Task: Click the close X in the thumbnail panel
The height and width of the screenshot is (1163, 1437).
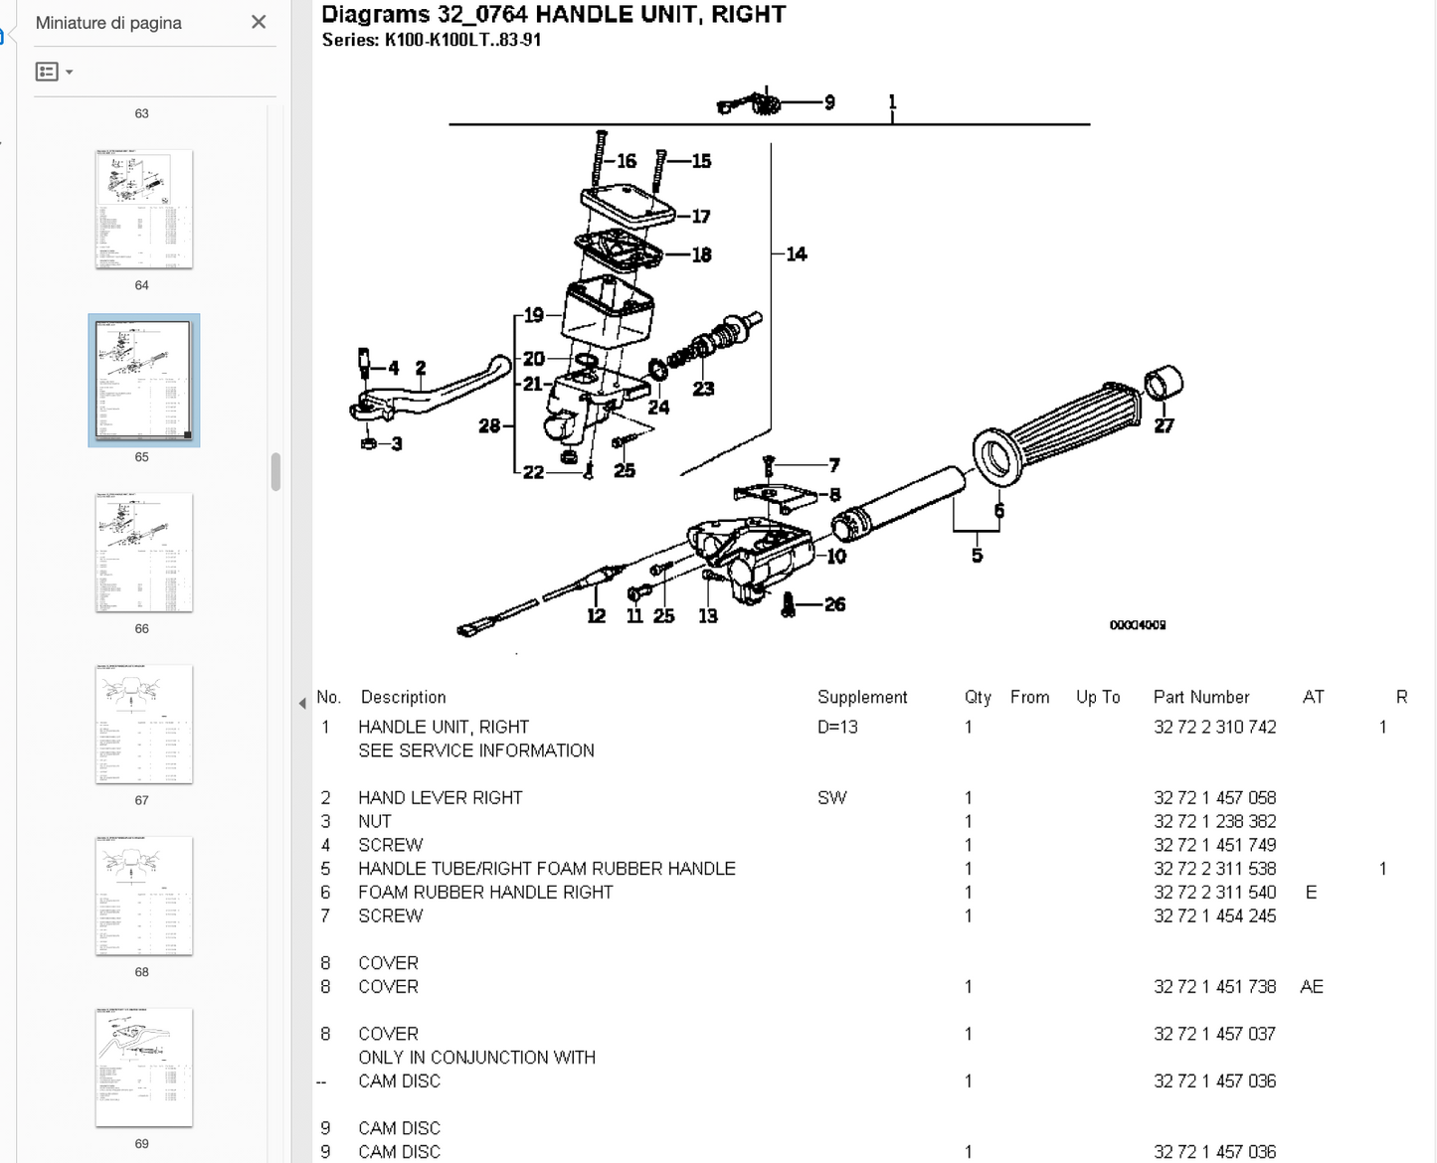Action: tap(259, 22)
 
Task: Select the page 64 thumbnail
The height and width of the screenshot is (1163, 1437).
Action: tap(143, 209)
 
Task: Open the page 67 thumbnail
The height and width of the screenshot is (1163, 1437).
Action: tap(143, 724)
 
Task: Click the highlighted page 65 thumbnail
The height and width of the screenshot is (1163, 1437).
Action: tap(143, 380)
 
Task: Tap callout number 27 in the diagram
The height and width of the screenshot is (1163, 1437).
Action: tap(1164, 425)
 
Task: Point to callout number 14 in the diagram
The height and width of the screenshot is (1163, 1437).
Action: tap(797, 254)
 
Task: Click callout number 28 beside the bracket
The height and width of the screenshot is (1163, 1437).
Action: tap(489, 425)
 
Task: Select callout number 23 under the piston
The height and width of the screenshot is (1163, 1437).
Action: tap(703, 389)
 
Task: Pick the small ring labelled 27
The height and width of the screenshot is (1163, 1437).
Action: tap(1164, 384)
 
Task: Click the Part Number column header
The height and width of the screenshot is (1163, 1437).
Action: tap(1200, 697)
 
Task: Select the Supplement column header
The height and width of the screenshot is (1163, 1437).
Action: tap(862, 697)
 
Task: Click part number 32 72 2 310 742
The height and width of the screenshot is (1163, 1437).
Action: tap(1214, 727)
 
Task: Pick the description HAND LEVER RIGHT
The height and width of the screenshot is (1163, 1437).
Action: tap(440, 797)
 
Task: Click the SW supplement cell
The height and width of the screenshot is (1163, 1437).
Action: tap(831, 797)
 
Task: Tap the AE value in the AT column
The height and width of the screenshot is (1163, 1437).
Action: tap(1311, 986)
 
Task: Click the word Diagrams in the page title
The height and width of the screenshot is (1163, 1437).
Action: tap(375, 14)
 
